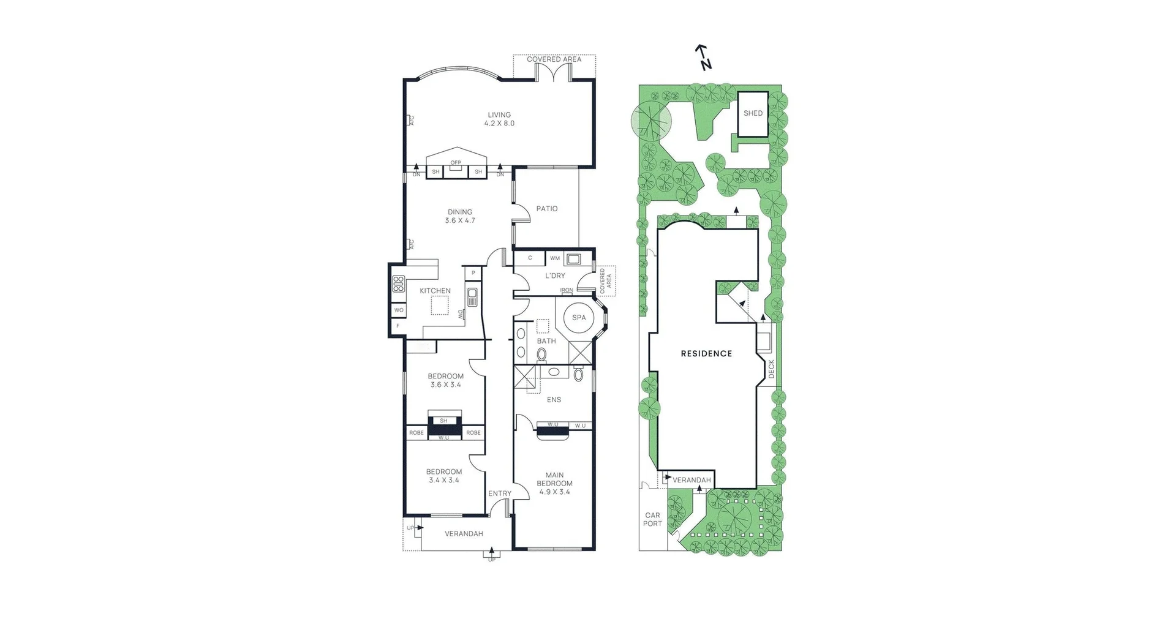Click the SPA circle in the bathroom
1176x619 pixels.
click(x=579, y=318)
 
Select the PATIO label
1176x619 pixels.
click(x=547, y=209)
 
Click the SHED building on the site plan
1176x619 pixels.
click(x=753, y=114)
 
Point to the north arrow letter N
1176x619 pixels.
click(x=706, y=64)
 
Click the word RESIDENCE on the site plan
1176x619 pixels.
click(x=706, y=353)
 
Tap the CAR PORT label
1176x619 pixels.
click(x=652, y=519)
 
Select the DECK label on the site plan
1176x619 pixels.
click(x=771, y=368)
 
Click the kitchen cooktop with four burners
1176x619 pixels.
click(x=399, y=283)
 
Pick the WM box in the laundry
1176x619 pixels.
click(x=555, y=258)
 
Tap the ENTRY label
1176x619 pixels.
click(x=500, y=493)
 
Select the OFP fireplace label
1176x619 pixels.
click(x=456, y=163)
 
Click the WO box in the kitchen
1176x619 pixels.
click(x=399, y=310)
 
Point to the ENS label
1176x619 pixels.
click(x=554, y=400)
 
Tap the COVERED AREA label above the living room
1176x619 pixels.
click(x=554, y=59)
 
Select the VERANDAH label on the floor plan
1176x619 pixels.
click(x=464, y=534)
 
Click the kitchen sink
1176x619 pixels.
click(x=472, y=298)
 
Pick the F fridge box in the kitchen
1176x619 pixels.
click(x=398, y=326)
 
